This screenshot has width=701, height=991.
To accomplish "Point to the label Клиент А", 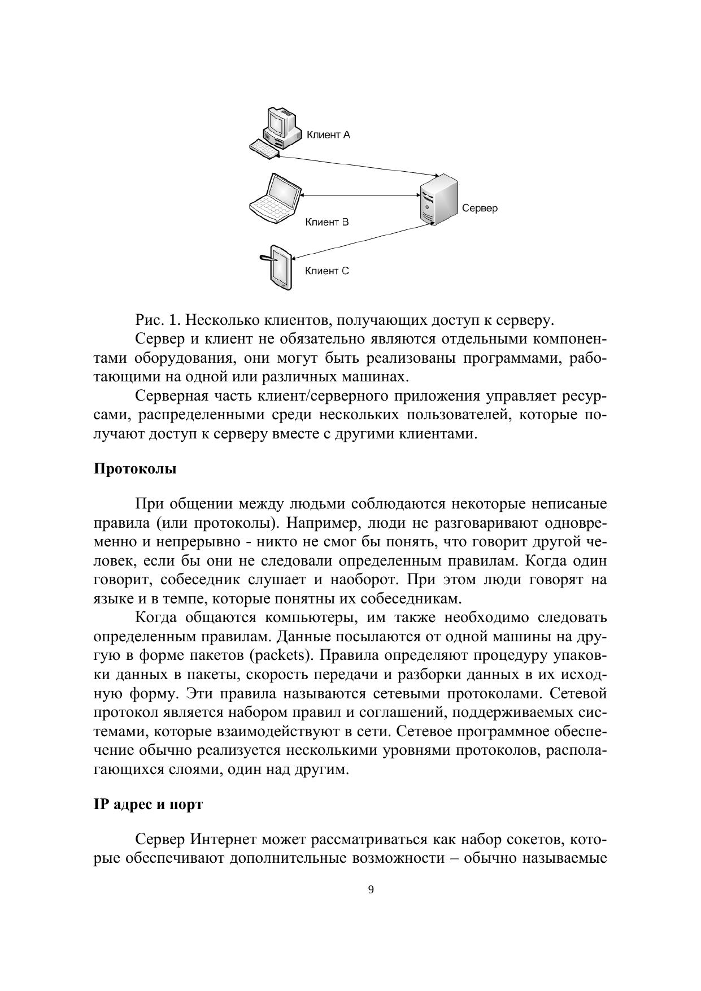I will pos(328,135).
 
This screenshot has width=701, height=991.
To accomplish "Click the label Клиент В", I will pos(327,222).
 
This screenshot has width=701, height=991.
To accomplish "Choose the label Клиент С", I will pos(327,271).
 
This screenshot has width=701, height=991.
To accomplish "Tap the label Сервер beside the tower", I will pos(480,208).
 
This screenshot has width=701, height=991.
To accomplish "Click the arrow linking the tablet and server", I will pos(362,241).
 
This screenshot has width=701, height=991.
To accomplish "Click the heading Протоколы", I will pos(135,469).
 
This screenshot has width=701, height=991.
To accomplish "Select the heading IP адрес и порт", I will pos(148,805).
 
